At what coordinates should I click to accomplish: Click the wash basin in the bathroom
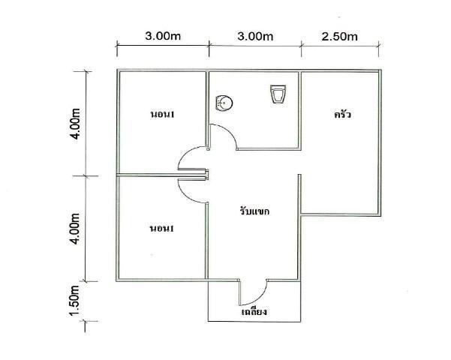pos(224,103)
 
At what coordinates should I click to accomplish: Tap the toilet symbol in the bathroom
pos(278,94)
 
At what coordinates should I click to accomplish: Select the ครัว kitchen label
pos(342,115)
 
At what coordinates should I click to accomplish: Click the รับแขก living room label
pos(254,211)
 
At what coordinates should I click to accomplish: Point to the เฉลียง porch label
pos(254,311)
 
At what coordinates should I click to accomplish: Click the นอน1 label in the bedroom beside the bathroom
pos(163,115)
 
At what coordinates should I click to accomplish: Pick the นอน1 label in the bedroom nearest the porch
pos(161,229)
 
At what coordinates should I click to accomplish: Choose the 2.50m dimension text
pos(339,37)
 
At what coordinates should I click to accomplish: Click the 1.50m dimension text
pos(74,301)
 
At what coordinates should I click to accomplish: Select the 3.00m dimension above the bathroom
pos(255,37)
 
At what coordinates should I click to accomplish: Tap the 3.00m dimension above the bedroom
pos(163,36)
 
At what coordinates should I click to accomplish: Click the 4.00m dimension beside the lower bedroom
pos(75,229)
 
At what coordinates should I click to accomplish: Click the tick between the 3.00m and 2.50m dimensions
pos(301,44)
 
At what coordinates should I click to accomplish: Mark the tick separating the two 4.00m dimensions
pos(86,175)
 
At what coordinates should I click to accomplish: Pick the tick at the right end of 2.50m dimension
pos(379,44)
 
